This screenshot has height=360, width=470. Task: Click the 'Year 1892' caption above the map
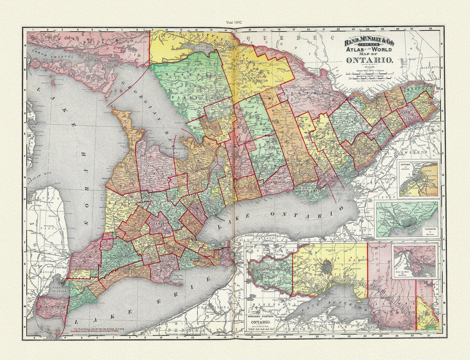point(235,22)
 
